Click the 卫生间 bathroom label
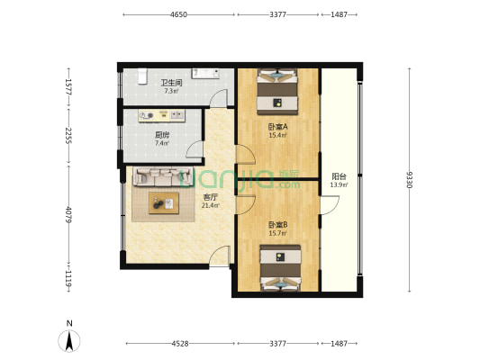pyautogui.click(x=171, y=83)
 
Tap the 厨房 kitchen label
pyautogui.click(x=162, y=135)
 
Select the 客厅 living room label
pyautogui.click(x=211, y=198)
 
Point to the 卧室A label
pyautogui.click(x=278, y=127)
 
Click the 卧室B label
pyautogui.click(x=278, y=225)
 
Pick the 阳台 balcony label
pyautogui.click(x=339, y=176)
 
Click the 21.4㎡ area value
pyautogui.click(x=211, y=205)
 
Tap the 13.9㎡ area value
pyautogui.click(x=339, y=184)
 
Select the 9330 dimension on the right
pyautogui.click(x=409, y=180)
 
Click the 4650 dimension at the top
pyautogui.click(x=179, y=14)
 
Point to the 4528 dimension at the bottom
pyautogui.click(x=180, y=344)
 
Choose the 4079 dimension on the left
pyautogui.click(x=68, y=215)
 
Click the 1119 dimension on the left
pyautogui.click(x=68, y=279)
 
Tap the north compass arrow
pyautogui.click(x=69, y=341)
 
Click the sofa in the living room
pyautogui.click(x=163, y=176)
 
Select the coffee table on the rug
pyautogui.click(x=164, y=203)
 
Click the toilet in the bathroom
pyautogui.click(x=142, y=76)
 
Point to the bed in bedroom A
pyautogui.click(x=277, y=92)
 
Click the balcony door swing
pyautogui.click(x=330, y=205)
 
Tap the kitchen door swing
pyautogui.click(x=195, y=149)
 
